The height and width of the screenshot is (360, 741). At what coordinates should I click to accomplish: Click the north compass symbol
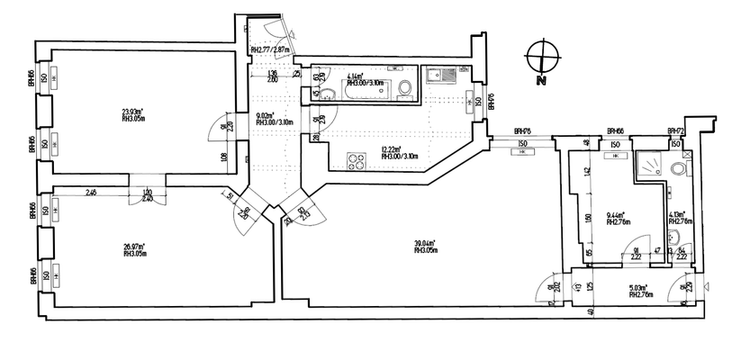pyautogui.click(x=541, y=57)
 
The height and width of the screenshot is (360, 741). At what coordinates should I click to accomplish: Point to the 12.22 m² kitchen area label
pyautogui.click(x=391, y=151)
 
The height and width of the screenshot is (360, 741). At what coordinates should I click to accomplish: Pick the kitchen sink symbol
pyautogui.click(x=435, y=76)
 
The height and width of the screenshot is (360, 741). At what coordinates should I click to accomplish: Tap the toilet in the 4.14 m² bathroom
pyautogui.click(x=405, y=88)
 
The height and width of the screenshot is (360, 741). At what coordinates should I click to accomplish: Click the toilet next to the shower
pyautogui.click(x=687, y=167)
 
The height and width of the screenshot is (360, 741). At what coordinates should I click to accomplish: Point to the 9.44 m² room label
pyautogui.click(x=616, y=214)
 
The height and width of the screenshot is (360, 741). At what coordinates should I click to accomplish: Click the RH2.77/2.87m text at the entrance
pyautogui.click(x=270, y=50)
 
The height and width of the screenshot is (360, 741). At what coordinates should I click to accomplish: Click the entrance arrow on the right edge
pyautogui.click(x=707, y=289)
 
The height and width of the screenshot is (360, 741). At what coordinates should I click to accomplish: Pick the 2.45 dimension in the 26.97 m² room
pyautogui.click(x=92, y=192)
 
